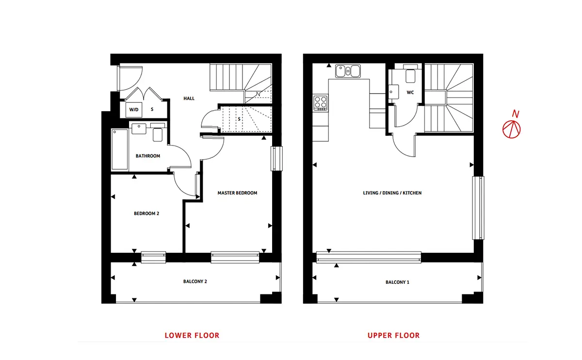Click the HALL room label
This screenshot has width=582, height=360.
tap(189, 98)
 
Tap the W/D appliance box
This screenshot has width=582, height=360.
tap(134, 110)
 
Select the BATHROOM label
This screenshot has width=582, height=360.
tap(148, 156)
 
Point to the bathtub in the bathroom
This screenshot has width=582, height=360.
tap(119, 149)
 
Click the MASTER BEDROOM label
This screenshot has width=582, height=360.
tap(237, 193)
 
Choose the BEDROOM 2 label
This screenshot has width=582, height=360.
tap(146, 213)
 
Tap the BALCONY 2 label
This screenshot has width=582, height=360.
tap(195, 281)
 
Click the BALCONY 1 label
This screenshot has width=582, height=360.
tap(397, 282)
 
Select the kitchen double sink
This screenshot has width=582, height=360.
tap(348, 71)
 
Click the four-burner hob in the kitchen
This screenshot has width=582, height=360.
tap(321, 103)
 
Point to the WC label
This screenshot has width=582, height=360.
tap(410, 93)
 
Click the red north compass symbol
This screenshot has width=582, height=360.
tap(511, 129)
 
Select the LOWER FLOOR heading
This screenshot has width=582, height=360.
tap(192, 336)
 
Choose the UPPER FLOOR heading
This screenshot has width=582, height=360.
tap(394, 336)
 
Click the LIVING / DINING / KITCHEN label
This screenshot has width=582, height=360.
tap(392, 193)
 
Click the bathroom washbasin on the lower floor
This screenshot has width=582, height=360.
tap(139, 129)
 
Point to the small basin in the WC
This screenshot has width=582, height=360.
tap(393, 92)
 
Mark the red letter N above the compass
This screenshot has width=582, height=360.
tap(516, 114)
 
